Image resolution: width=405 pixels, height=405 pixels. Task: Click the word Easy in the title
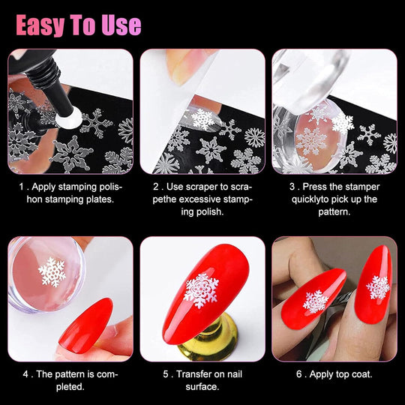(x=43, y=24)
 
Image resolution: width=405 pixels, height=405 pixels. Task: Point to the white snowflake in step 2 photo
(x=203, y=118)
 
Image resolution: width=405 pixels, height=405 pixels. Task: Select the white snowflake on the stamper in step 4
(x=52, y=271)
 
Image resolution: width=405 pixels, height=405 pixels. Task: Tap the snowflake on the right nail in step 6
(x=377, y=287)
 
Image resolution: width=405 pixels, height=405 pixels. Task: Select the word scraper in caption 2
(x=209, y=186)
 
